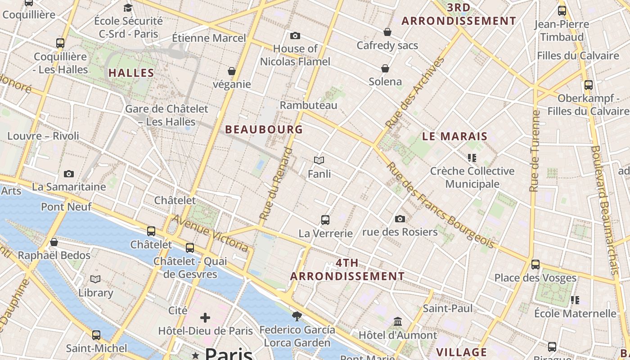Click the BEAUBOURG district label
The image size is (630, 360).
[x=264, y=130]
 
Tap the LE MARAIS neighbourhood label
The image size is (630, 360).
[x=455, y=136]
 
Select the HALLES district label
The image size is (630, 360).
[x=131, y=73]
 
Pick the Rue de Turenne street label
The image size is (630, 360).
[x=535, y=151]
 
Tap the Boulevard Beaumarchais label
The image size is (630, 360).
[x=605, y=210]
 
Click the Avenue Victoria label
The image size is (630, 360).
[x=210, y=233]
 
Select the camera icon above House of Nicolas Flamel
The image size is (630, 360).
[x=295, y=36]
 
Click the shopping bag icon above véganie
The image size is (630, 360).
[x=232, y=71]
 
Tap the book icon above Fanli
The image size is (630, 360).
[x=319, y=160]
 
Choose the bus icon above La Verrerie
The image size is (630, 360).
[x=325, y=220]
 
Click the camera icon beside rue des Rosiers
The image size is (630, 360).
[x=400, y=219]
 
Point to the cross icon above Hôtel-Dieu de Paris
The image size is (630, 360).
[x=205, y=318]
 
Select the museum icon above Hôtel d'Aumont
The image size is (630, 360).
[x=398, y=322]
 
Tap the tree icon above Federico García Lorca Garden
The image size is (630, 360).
[x=297, y=316]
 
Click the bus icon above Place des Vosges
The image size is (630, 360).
[x=535, y=264]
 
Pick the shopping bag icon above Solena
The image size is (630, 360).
[x=385, y=68]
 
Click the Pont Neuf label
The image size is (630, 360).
[x=66, y=207]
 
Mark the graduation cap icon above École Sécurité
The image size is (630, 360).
[x=128, y=8]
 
